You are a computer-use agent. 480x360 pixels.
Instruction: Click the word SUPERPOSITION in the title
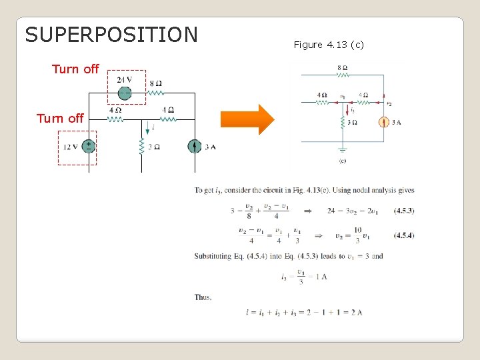111,35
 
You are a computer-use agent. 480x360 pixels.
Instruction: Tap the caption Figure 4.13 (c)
329,45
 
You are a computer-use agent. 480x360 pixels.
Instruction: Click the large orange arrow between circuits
247,119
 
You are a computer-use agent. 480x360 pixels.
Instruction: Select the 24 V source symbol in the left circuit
124,93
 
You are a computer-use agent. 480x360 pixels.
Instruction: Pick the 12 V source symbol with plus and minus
88,147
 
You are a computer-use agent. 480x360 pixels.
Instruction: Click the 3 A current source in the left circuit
194,147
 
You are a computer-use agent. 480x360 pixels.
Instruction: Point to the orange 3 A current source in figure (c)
384,122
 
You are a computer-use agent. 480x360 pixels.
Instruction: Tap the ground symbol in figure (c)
342,151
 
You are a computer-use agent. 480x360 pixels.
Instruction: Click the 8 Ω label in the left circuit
155,83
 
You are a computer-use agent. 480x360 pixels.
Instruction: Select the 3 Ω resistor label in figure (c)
351,122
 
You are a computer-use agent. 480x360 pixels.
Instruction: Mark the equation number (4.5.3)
403,211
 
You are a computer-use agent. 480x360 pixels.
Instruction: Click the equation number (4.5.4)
403,235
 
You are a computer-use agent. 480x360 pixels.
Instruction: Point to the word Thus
203,297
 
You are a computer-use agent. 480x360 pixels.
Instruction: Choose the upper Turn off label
75,69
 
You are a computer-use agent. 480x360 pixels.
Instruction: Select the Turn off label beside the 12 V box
60,119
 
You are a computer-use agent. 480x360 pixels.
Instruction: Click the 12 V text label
71,147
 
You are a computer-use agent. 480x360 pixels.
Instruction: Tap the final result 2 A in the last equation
357,312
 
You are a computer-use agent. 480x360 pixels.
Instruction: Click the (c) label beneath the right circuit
342,161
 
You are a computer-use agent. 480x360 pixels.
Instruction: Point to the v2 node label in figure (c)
389,104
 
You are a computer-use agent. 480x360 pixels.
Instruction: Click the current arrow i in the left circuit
147,126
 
